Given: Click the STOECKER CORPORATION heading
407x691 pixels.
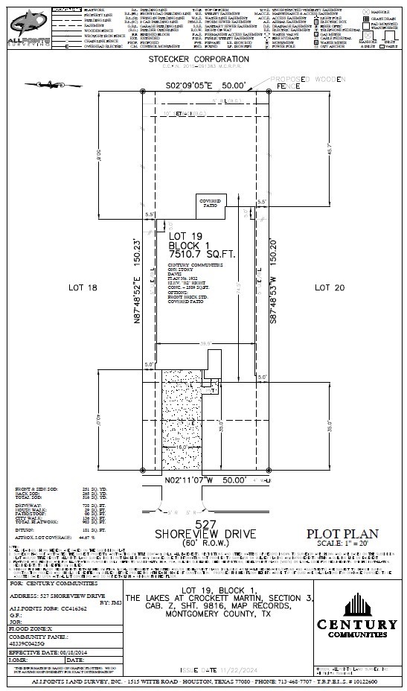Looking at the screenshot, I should coord(203,58).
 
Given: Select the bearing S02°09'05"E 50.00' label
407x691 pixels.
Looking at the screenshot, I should coord(205,86).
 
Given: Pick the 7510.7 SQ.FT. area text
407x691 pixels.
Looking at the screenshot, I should coord(202,254).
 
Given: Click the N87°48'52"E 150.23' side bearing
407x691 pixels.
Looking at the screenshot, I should coord(137,281).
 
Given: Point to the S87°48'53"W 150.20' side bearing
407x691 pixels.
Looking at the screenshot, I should coord(275,281).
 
